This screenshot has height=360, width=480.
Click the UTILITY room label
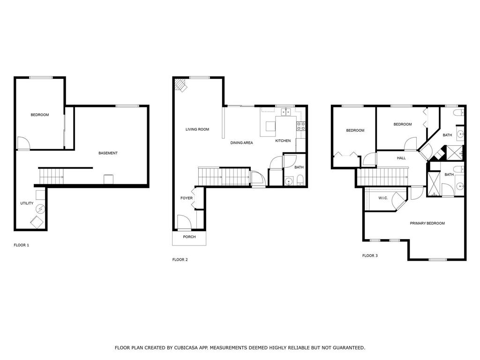coord(26,203)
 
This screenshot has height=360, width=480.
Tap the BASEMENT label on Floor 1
coord(108,153)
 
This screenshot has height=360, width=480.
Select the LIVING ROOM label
coord(197,129)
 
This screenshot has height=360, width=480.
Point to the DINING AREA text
coord(241,142)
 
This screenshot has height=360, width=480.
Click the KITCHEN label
coord(283,141)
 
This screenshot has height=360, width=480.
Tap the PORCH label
coord(189,237)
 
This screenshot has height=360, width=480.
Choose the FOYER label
coord(187,198)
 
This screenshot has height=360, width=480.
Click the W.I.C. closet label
coord(382,198)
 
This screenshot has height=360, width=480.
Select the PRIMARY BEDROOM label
coord(427,223)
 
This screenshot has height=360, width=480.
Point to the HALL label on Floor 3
coord(401,158)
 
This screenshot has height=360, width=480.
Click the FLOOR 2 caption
coord(180,259)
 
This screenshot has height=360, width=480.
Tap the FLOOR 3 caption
coord(370,255)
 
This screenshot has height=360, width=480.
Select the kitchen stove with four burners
coord(301,126)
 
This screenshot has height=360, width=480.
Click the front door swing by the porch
coord(183,221)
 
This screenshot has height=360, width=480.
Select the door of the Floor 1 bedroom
coord(22,142)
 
